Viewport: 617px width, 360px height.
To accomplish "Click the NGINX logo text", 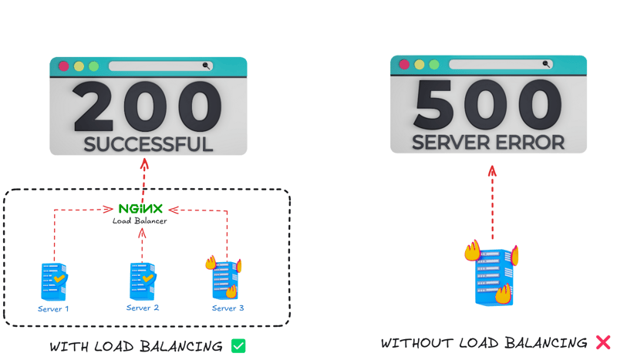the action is [140, 209].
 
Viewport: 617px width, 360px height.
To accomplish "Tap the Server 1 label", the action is [53, 309].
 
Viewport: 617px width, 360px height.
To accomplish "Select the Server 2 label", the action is [143, 308].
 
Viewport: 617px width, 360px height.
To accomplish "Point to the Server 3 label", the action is [228, 308].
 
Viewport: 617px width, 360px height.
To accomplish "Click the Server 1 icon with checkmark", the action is [54, 281].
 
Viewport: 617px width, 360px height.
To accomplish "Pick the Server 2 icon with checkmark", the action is [143, 281].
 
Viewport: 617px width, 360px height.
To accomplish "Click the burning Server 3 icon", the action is [224, 278].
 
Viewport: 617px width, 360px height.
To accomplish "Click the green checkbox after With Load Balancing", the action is [238, 346].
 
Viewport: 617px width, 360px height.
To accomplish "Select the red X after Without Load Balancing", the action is [603, 342].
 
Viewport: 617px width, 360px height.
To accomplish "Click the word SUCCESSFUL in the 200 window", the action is [148, 144].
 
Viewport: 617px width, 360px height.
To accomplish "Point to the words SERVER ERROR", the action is [488, 143].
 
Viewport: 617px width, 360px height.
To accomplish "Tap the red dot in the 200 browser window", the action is [64, 66].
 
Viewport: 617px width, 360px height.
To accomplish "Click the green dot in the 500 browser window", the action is [434, 64].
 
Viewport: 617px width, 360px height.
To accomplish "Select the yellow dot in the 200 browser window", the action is [79, 66].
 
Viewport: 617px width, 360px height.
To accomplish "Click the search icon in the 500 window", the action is [546, 64].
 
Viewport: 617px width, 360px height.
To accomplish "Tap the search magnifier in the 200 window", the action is [206, 66].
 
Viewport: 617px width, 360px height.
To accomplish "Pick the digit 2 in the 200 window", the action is [93, 106].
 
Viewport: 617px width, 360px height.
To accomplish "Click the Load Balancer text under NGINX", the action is [140, 220].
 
